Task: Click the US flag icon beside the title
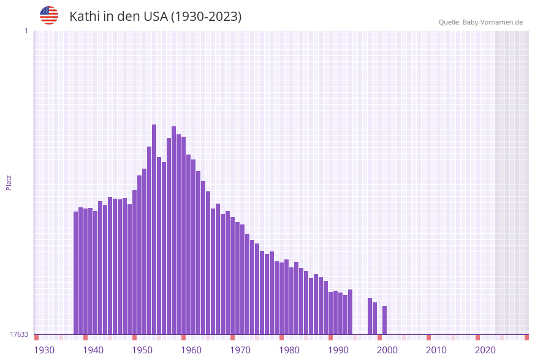point(49,15)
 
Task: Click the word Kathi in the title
point(84,17)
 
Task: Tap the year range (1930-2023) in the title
point(205,17)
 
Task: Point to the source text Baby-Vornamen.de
point(493,22)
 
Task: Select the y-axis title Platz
point(9,182)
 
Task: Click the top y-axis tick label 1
point(26,31)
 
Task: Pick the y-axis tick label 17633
point(19,334)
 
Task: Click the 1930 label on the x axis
point(44,350)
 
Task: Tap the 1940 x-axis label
point(93,350)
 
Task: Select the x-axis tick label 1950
point(142,350)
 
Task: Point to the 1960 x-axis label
point(191,350)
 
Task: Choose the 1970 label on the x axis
point(240,350)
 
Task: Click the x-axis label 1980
point(289,350)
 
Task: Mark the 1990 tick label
point(338,350)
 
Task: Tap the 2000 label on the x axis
point(387,350)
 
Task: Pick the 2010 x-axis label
point(436,350)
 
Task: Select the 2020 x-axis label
point(485,350)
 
